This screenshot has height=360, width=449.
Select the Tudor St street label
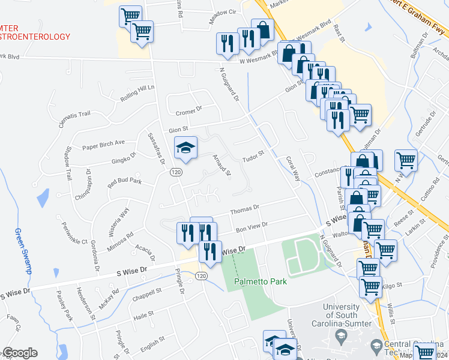tap(253, 159)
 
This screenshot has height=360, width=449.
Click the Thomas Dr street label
tap(244, 209)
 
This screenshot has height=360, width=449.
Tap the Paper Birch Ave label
tap(103, 143)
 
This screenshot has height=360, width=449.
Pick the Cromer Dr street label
tap(189, 112)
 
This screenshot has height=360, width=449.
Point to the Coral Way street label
tap(293, 169)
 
